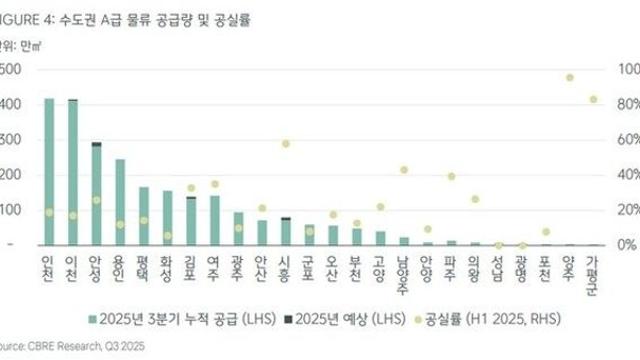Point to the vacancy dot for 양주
click(x=569, y=77)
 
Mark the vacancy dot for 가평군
click(x=593, y=99)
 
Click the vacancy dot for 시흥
click(x=286, y=144)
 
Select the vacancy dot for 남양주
click(x=404, y=170)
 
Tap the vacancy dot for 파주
click(x=451, y=176)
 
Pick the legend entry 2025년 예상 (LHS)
click(x=331, y=319)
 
